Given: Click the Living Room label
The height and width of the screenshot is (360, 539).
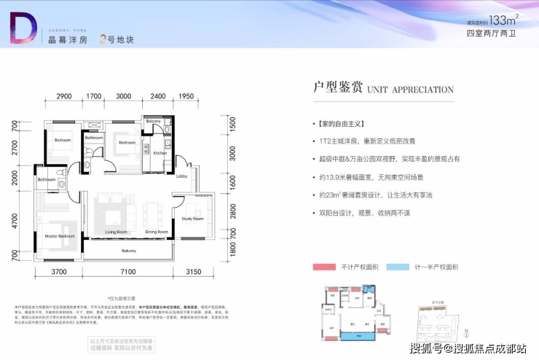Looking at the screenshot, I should (x=117, y=232).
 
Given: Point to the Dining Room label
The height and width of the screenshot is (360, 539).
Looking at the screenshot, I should (x=157, y=232).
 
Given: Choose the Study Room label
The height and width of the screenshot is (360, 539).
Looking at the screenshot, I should (x=192, y=219).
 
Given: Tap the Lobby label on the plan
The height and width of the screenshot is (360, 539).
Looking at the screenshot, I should (x=181, y=177).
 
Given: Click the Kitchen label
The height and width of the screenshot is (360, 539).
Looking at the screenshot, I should (x=160, y=154).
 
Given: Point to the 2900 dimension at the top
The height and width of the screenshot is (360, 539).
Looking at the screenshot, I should (x=64, y=97).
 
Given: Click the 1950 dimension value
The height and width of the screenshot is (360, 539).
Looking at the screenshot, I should (x=185, y=97).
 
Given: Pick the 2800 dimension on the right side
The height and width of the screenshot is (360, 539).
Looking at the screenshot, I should (x=232, y=211).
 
